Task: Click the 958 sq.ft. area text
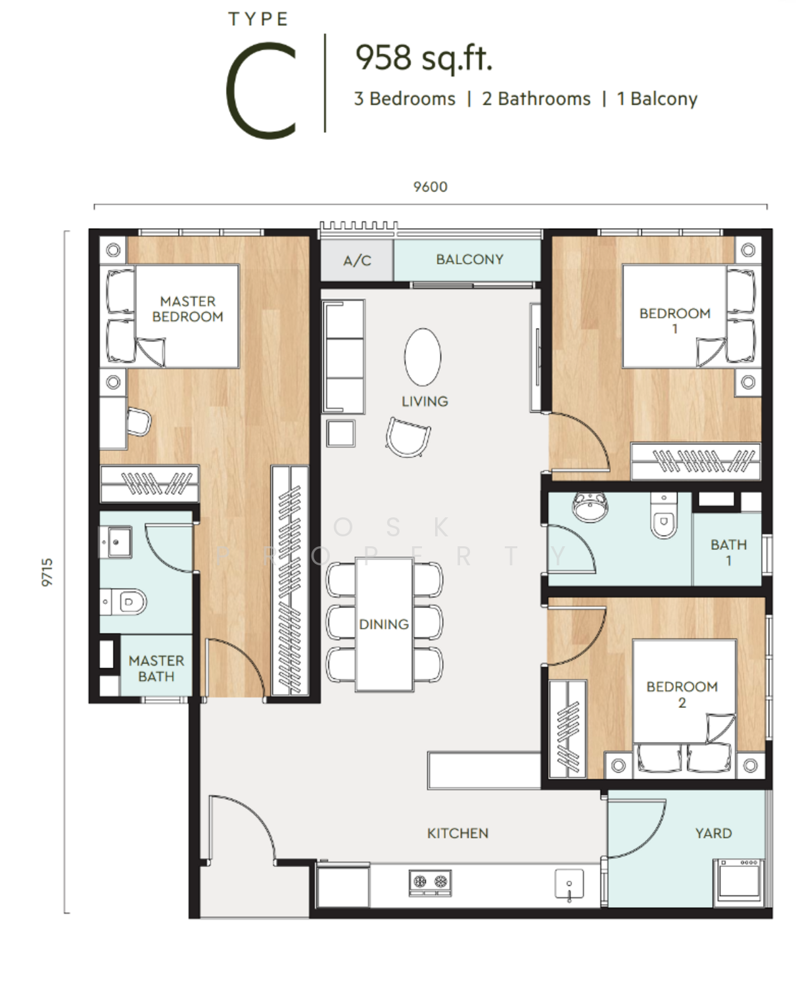click(x=423, y=59)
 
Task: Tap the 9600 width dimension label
click(x=430, y=187)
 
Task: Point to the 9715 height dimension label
click(x=47, y=573)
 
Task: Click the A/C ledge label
click(x=357, y=260)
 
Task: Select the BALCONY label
click(x=469, y=259)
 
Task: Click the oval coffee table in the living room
click(x=423, y=356)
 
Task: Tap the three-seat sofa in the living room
click(x=343, y=356)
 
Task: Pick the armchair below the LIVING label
click(x=408, y=437)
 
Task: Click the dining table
click(x=384, y=625)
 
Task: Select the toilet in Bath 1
click(x=664, y=515)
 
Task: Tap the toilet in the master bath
click(x=124, y=601)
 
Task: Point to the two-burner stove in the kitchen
click(x=430, y=882)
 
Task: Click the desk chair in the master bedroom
click(x=139, y=422)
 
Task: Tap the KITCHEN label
click(x=457, y=833)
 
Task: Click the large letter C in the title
click(x=262, y=90)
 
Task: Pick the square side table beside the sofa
click(x=340, y=433)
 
